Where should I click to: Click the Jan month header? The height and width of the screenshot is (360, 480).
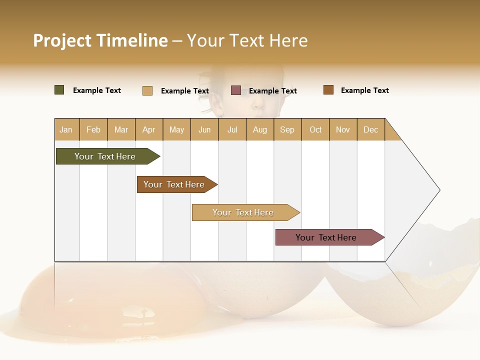66,129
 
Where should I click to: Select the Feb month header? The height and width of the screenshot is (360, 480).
93,129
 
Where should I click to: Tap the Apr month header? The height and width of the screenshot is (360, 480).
149,129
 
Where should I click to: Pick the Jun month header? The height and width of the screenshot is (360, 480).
204,129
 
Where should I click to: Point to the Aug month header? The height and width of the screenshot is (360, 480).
260,129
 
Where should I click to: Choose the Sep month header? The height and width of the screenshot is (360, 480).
287,129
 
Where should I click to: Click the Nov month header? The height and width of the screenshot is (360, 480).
343,129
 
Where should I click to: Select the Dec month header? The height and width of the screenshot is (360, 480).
371,129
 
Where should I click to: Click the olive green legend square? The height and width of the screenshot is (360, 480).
59,90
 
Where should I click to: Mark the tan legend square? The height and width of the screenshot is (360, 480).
147,90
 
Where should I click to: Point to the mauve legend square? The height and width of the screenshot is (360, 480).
236,90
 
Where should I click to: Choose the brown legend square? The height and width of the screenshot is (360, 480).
328,90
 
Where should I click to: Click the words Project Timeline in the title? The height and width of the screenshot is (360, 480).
100,40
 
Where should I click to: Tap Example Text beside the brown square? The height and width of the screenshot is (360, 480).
364,90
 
